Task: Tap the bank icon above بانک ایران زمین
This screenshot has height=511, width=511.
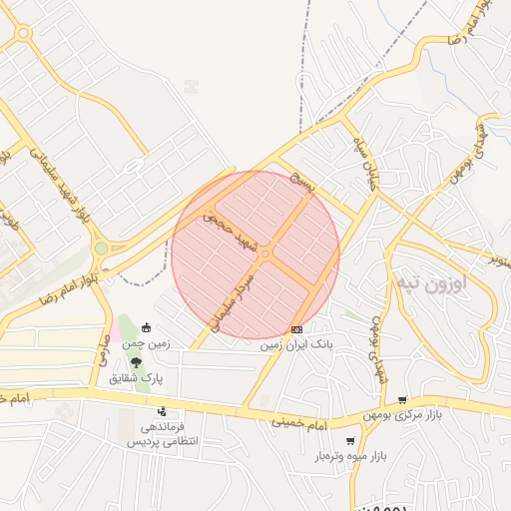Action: tap(296, 329)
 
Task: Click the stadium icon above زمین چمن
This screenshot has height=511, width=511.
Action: tap(146, 327)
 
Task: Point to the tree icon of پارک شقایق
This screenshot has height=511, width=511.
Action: tap(136, 362)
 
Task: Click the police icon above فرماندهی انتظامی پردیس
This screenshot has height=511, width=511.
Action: tap(161, 410)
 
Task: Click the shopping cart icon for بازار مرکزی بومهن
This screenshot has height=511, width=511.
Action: tap(402, 400)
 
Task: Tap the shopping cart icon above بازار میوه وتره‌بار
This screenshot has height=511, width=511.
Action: tap(350, 440)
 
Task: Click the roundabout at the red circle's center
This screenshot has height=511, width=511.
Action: tap(264, 255)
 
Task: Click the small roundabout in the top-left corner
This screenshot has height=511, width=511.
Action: tap(22, 34)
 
